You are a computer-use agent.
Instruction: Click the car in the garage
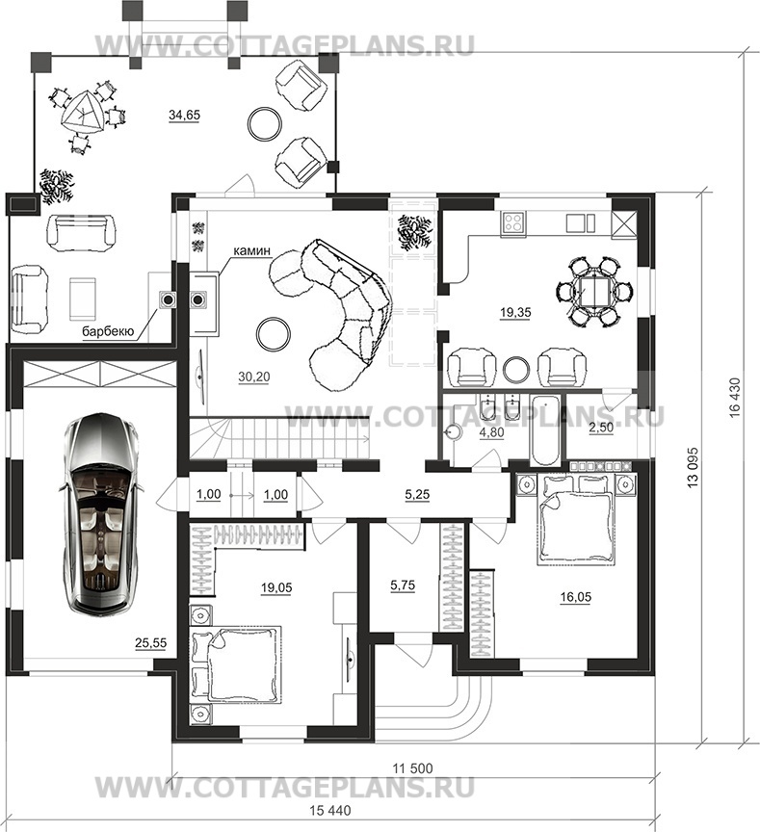[99, 513]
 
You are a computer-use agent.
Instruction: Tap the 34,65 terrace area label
[184, 115]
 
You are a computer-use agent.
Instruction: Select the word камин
[251, 250]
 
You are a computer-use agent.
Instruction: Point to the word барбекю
[107, 331]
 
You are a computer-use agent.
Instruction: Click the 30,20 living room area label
[253, 377]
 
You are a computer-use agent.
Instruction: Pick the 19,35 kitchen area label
[515, 313]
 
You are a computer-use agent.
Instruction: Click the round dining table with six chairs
[594, 291]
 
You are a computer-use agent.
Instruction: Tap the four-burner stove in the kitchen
[513, 221]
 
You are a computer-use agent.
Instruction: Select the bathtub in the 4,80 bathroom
[544, 430]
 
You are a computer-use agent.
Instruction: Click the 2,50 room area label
[601, 429]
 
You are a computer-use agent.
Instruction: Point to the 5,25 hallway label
[417, 495]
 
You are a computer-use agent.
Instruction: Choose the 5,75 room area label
[403, 585]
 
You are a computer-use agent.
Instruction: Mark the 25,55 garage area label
[150, 643]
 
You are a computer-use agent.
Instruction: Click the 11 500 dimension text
[412, 767]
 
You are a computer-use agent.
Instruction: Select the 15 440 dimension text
[330, 810]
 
